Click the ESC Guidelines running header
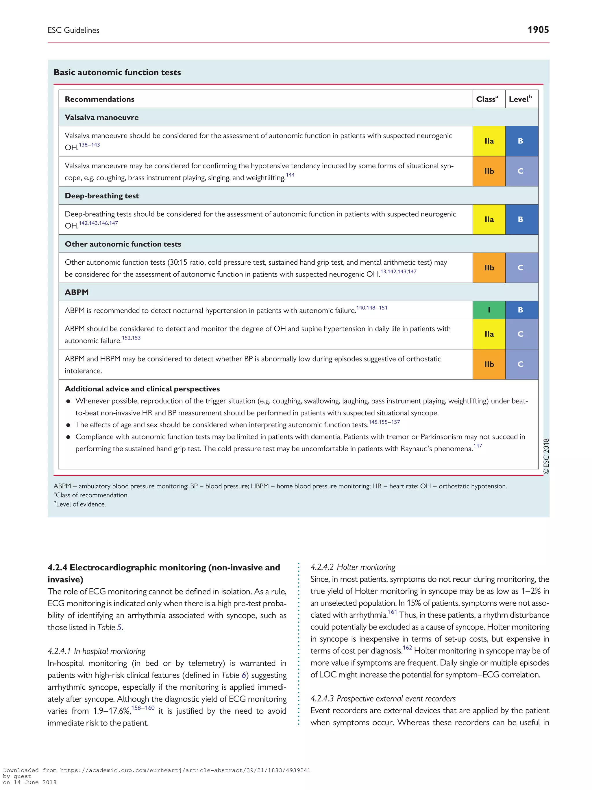pyautogui.click(x=73, y=30)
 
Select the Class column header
pyautogui.click(x=487, y=99)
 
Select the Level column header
pyautogui.click(x=520, y=99)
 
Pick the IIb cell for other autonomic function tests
pyautogui.click(x=489, y=268)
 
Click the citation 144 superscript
pyautogui.click(x=290, y=175)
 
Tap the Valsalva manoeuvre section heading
pyautogui.click(x=102, y=117)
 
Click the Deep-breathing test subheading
pyautogui.click(x=102, y=196)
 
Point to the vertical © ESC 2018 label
pyautogui.click(x=546, y=456)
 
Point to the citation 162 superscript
pyautogui.click(x=407, y=647)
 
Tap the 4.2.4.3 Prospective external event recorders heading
pyautogui.click(x=383, y=698)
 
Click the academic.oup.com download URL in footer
pyautogui.click(x=185, y=770)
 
